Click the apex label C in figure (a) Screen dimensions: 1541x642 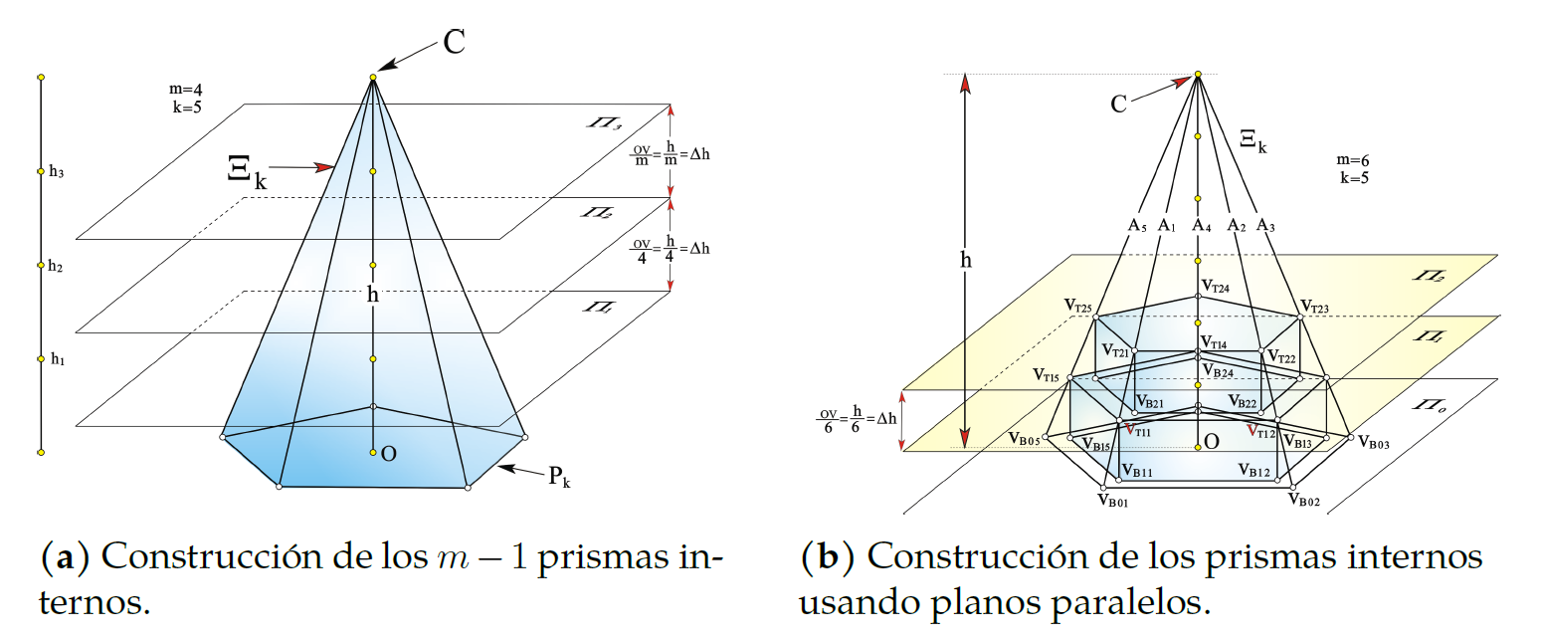pos(454,43)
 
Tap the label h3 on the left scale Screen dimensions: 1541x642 pos(57,172)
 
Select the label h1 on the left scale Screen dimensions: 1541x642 pos(57,359)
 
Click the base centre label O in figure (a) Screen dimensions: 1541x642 pos(389,454)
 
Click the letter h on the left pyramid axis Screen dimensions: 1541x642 pos(372,296)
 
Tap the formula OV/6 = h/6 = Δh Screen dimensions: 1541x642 pos(857,418)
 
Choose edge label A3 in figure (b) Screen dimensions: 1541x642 pos(1265,226)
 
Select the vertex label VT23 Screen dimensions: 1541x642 pos(1314,308)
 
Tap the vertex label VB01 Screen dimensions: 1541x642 pos(1112,501)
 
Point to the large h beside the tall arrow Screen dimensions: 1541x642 pos(965,260)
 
